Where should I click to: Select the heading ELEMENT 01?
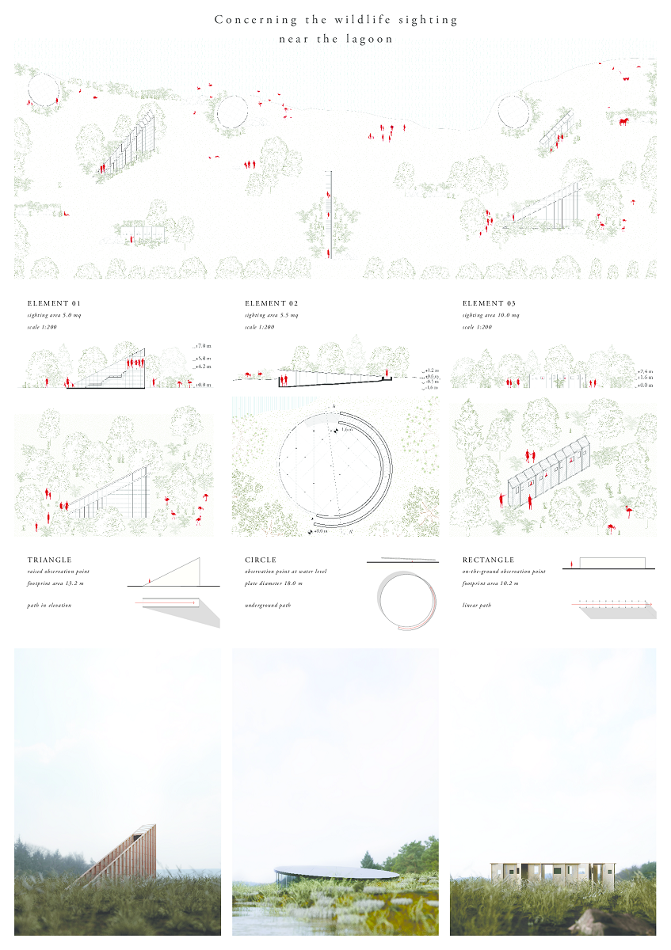pyautogui.click(x=54, y=303)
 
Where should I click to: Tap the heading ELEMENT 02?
pyautogui.click(x=272, y=303)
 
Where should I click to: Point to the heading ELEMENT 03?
pyautogui.click(x=490, y=303)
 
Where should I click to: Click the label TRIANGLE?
pyautogui.click(x=50, y=560)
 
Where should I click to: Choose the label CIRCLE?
pyautogui.click(x=261, y=560)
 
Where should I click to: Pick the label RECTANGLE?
pyautogui.click(x=489, y=560)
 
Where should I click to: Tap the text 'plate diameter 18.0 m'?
pyautogui.click(x=273, y=583)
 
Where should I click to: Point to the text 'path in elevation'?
pyautogui.click(x=49, y=606)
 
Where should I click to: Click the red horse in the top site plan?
pyautogui.click(x=624, y=121)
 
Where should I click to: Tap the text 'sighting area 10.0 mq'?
pyautogui.click(x=491, y=315)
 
